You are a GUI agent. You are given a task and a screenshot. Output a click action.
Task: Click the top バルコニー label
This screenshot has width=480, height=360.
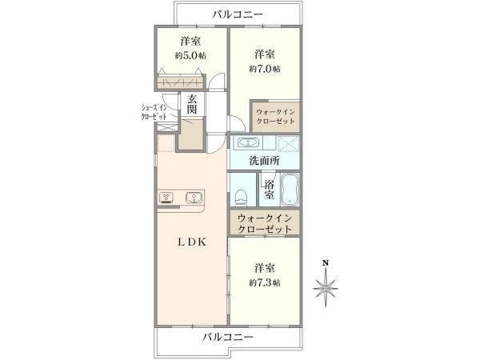[x=238, y=14]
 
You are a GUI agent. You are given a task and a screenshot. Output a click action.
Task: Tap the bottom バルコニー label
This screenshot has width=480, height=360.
[x=228, y=338]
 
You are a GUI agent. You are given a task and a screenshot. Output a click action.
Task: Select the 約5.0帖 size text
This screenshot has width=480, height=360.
[x=190, y=56]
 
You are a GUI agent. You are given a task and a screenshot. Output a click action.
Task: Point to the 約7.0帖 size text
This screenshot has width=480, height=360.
[x=265, y=69]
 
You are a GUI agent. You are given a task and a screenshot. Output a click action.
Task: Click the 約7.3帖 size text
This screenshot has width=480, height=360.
[x=265, y=282]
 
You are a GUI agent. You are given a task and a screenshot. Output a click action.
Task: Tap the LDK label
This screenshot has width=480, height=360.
[x=192, y=242]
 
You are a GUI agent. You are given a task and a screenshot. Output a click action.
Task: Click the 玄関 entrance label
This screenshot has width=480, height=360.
[x=192, y=104]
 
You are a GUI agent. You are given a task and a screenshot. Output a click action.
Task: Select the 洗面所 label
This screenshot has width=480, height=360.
[x=264, y=161]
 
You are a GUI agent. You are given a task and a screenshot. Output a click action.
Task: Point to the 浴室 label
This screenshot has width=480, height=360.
[x=270, y=190]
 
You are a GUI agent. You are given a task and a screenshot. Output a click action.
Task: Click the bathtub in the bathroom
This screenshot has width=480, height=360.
[x=290, y=190]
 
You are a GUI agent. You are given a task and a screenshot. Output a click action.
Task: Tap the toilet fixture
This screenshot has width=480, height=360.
[x=241, y=198]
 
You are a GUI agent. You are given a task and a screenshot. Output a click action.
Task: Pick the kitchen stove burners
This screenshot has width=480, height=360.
[x=166, y=198]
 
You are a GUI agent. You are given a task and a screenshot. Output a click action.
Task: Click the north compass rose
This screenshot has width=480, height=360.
[x=326, y=288]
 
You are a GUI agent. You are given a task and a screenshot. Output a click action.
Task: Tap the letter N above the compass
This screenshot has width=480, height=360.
[x=326, y=263]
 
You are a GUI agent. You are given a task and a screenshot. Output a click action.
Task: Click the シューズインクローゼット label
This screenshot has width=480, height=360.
[x=154, y=112]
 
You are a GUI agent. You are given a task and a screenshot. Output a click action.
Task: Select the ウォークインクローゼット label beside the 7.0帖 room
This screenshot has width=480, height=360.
[x=275, y=116]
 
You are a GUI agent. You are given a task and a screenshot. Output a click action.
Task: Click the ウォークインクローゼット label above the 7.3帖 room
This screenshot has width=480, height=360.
[x=265, y=224]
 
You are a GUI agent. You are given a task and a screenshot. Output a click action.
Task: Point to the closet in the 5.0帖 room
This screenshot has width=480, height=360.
[x=180, y=82]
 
